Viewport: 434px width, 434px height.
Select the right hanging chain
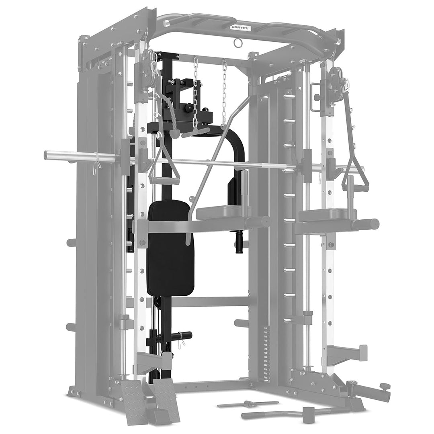[x=223, y=90]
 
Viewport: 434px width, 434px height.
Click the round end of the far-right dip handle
[x=375, y=224]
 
